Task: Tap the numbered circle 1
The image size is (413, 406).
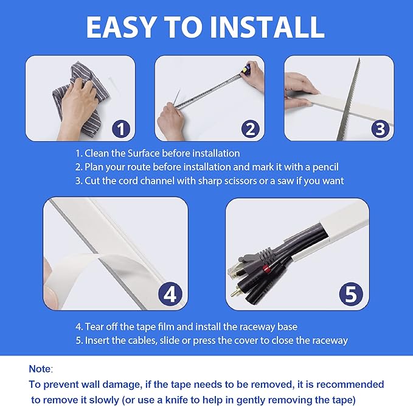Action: [122, 128]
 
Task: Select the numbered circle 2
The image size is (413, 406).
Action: [250, 128]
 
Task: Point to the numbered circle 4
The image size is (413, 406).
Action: [170, 294]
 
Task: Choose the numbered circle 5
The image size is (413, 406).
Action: [350, 294]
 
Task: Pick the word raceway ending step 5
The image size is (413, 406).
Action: [329, 340]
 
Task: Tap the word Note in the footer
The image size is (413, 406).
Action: [40, 369]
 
